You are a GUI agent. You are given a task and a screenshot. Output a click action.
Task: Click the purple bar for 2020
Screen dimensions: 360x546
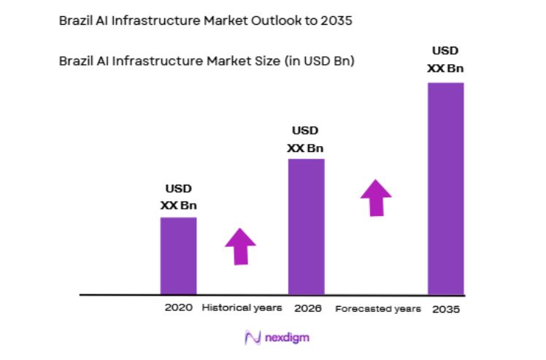pyautogui.click(x=178, y=256)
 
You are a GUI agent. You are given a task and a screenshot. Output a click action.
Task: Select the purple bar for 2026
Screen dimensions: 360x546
pyautogui.click(x=306, y=226)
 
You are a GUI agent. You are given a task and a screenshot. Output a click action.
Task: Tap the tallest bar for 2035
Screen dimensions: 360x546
pyautogui.click(x=445, y=188)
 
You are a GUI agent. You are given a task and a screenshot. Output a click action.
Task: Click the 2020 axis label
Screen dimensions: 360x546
pyautogui.click(x=179, y=308)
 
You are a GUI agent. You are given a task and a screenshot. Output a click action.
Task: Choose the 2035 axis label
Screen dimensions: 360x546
pyautogui.click(x=446, y=309)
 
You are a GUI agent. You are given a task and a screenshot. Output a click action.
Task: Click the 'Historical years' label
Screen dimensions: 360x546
pyautogui.click(x=242, y=308)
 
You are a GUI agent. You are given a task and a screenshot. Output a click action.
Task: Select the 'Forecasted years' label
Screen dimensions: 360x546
pyautogui.click(x=378, y=309)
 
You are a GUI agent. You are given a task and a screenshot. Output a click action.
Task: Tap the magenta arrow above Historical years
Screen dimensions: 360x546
pyautogui.click(x=239, y=245)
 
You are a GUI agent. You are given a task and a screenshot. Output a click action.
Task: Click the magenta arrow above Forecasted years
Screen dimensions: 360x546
pyautogui.click(x=376, y=197)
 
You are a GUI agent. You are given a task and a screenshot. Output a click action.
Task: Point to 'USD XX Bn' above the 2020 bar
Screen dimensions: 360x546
pyautogui.click(x=178, y=197)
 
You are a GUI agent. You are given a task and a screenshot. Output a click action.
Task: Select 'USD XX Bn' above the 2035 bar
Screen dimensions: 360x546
pyautogui.click(x=445, y=59)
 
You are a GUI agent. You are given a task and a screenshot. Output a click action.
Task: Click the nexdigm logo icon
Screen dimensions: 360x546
pyautogui.click(x=253, y=338)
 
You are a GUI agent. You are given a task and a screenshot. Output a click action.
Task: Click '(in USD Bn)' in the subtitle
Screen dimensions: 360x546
pyautogui.click(x=319, y=61)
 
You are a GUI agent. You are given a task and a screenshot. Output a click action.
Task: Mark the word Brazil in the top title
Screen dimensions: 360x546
pyautogui.click(x=74, y=21)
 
